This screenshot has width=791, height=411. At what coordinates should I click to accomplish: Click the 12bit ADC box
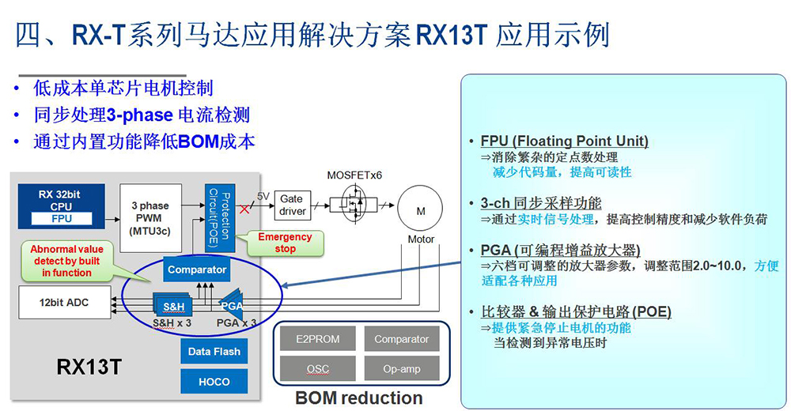pos(65,302)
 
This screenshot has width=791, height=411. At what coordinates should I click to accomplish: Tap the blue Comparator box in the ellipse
pos(197,270)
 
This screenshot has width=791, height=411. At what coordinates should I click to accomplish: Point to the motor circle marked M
pos(421,210)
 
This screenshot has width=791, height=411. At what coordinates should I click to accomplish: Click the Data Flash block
pos(214,351)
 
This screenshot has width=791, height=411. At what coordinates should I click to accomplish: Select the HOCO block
pos(214,382)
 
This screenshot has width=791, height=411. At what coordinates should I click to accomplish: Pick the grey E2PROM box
pos(317,339)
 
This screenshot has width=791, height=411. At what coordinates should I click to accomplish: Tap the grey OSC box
pos(317,369)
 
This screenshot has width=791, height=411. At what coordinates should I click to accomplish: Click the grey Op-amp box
pos(401,369)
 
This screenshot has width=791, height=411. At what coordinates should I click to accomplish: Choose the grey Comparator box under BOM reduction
pos(401,339)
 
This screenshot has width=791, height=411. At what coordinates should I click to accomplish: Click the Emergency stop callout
pos(285,243)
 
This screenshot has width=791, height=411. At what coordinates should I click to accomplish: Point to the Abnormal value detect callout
pos(67,261)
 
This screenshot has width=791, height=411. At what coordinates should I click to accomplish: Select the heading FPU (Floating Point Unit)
pos(564,141)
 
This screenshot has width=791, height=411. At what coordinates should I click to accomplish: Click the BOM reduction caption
pos(358,398)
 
